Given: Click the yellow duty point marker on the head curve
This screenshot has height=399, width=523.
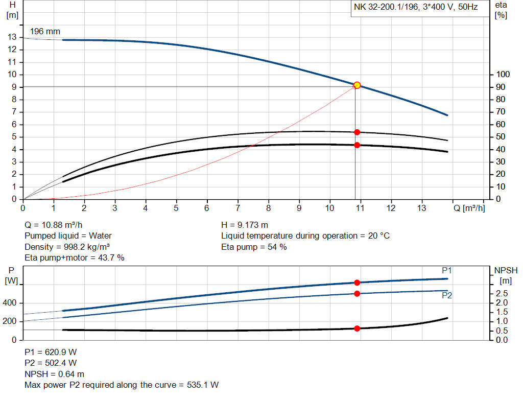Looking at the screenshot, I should point(357,85).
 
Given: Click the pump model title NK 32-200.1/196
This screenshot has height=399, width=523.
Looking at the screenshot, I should point(415,8).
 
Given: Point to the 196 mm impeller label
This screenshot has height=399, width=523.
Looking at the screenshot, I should point(45,32).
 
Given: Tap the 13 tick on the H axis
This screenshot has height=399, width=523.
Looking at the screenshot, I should point(12,37).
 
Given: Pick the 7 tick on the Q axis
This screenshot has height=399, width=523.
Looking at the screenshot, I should point(237,208).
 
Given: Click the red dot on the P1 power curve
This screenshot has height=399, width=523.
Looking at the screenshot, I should point(357,283).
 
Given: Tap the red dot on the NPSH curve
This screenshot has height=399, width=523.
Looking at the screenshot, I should point(357,328).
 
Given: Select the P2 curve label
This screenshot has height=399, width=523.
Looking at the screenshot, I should point(447,295).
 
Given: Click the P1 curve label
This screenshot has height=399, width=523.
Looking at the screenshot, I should point(447,270).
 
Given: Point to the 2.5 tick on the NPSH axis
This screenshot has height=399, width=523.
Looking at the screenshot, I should point(502,294).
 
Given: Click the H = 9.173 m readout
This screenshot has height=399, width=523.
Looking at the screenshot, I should point(245,225).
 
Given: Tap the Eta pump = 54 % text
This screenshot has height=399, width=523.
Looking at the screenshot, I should point(254,247).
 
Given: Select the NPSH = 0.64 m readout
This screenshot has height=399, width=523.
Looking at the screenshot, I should point(55,374).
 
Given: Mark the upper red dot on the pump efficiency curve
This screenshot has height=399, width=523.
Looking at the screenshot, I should point(357,132).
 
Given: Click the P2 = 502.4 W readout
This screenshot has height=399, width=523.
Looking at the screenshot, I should point(51,363).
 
